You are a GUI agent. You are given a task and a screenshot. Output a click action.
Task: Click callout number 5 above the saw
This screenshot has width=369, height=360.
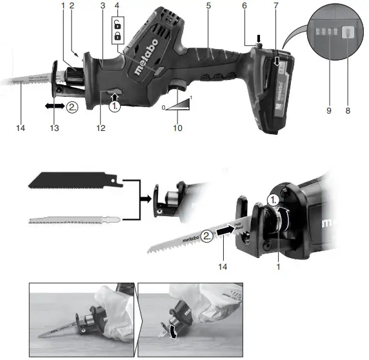[x=208, y=6]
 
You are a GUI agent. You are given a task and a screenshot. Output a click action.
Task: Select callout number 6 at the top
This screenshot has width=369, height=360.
[x=244, y=6]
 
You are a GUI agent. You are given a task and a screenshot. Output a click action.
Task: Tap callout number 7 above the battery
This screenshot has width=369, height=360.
[x=275, y=6]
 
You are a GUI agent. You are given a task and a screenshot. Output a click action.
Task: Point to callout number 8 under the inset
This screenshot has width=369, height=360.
[x=347, y=112]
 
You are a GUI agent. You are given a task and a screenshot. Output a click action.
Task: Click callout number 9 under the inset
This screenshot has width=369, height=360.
[x=328, y=112]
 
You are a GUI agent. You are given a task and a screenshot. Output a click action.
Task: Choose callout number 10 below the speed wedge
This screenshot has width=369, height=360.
[x=179, y=128]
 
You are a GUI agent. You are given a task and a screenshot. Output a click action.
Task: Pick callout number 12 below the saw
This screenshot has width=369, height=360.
[x=101, y=128]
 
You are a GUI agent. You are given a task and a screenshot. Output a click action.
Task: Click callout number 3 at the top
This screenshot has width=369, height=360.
[x=103, y=6]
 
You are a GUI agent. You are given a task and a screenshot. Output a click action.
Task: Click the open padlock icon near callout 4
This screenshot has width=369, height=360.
[x=117, y=25]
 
